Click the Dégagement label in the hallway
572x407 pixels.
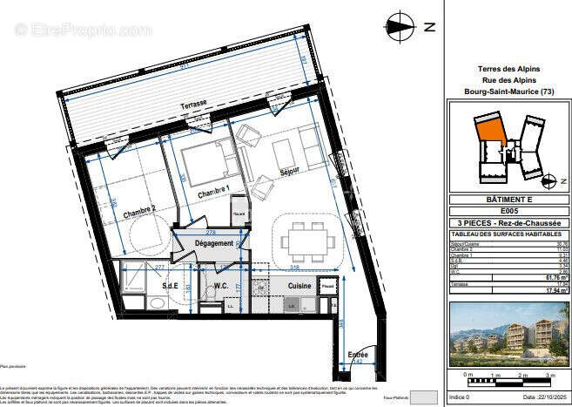coord(213,243)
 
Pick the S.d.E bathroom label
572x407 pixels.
coord(170,285)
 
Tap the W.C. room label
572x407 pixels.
coord(221,285)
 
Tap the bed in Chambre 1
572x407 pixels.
coord(208,162)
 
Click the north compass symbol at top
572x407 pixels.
coord(402,25)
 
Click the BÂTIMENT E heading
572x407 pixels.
coord(509,200)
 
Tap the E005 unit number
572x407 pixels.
coord(509,211)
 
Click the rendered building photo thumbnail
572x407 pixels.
coord(509,335)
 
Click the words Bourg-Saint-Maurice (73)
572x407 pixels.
coord(509,92)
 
